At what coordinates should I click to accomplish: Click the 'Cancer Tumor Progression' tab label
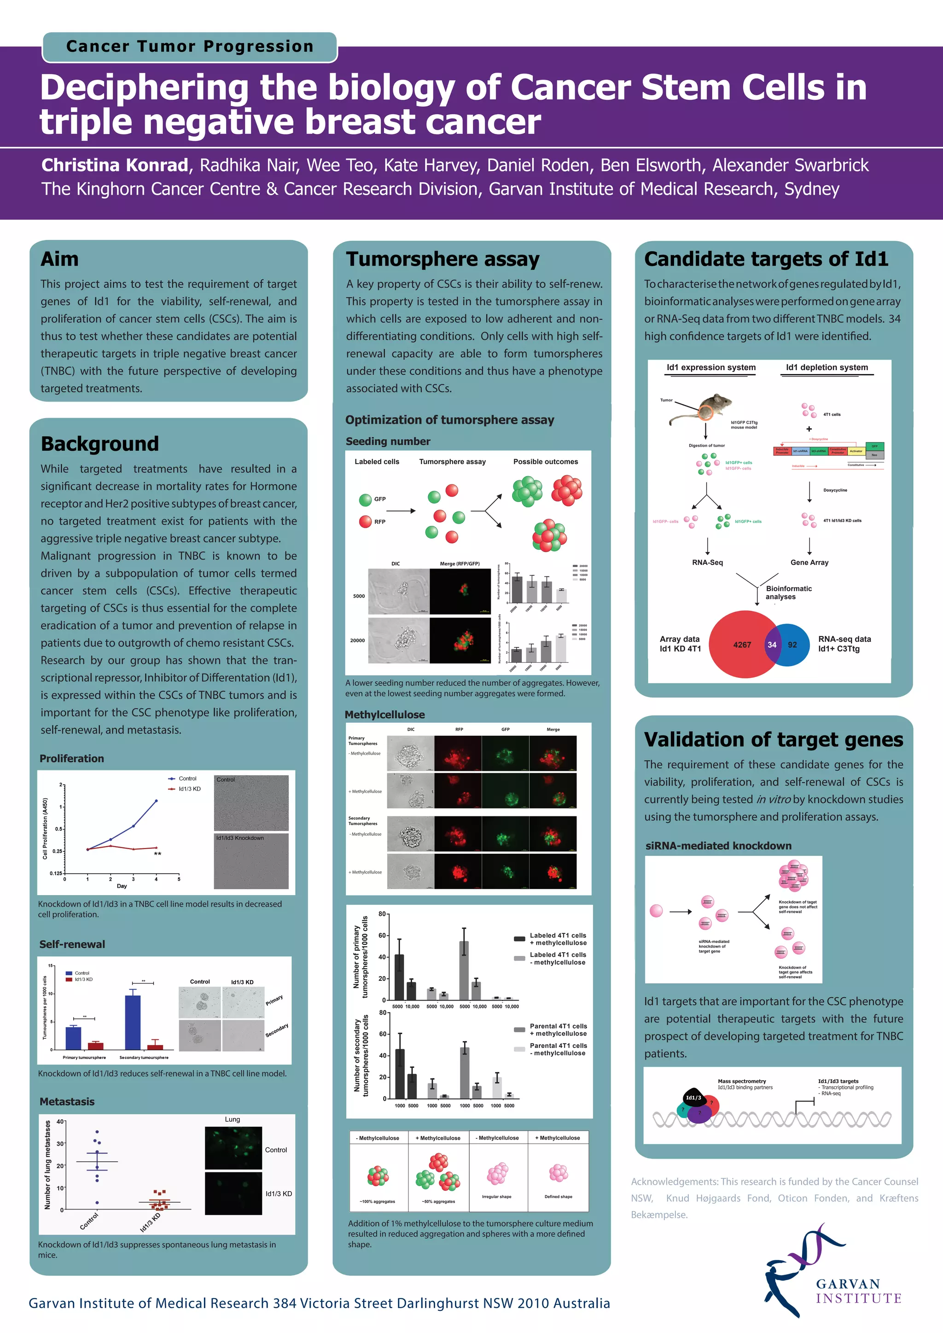point(189,47)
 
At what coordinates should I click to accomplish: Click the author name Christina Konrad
point(114,165)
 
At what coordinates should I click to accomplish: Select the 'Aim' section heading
point(59,259)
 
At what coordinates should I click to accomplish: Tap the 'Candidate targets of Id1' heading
point(766,259)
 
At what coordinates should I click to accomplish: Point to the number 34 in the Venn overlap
point(772,645)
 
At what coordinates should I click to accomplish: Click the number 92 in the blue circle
point(792,645)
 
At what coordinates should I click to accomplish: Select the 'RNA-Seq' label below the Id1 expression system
point(707,563)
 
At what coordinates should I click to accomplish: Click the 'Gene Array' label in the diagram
point(809,563)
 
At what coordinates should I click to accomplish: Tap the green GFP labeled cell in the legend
point(365,499)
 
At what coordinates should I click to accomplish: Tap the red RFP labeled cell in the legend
point(365,521)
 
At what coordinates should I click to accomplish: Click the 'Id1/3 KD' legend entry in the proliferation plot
point(189,789)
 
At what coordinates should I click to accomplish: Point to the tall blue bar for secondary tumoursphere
point(133,1021)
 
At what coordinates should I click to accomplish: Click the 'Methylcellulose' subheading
point(384,715)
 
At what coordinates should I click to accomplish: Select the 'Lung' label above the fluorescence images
point(232,1119)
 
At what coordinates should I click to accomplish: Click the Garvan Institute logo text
point(858,1291)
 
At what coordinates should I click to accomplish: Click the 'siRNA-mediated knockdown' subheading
point(718,846)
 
